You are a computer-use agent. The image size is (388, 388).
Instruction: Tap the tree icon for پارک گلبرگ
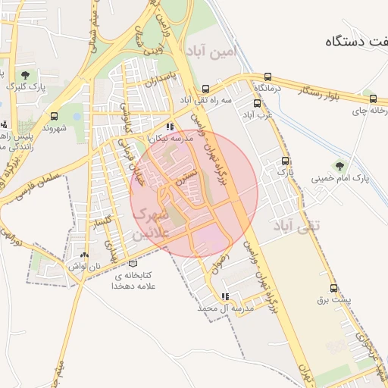click(27, 74)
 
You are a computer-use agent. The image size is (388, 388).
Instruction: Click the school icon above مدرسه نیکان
click(169, 127)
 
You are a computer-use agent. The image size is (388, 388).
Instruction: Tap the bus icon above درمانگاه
click(268, 77)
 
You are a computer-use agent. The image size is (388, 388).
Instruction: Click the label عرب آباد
click(257, 115)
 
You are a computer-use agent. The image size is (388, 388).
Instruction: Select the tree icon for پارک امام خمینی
click(338, 165)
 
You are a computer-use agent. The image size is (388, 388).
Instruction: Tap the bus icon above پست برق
click(333, 288)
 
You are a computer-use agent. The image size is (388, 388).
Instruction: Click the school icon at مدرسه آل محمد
click(225, 296)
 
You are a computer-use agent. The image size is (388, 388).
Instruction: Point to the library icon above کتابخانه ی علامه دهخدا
click(133, 262)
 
